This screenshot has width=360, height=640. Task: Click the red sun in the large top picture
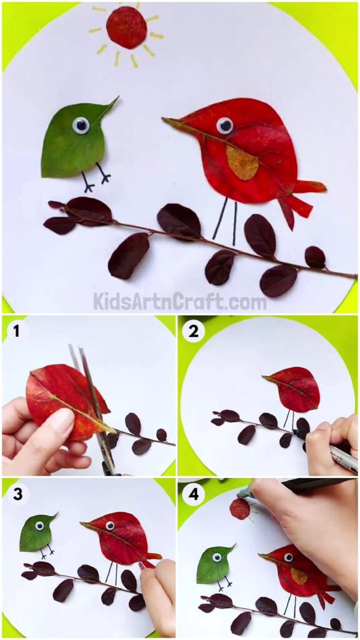pyautogui.click(x=126, y=27)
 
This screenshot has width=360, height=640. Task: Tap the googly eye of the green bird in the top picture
pyautogui.click(x=81, y=126)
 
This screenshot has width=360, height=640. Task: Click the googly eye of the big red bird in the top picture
pyautogui.click(x=224, y=126)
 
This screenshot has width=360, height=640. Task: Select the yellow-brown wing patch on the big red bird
pyautogui.click(x=242, y=164)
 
